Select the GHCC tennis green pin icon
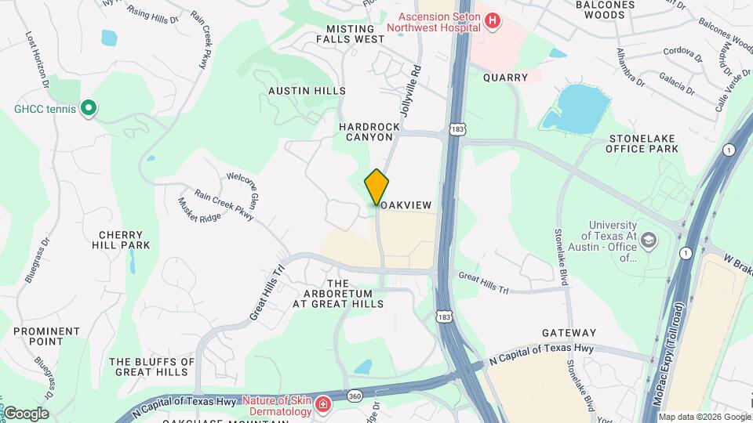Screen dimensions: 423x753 pos(89,107)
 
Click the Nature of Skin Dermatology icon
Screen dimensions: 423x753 pos(323,404)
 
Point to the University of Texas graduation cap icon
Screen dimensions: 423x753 pos(649,239)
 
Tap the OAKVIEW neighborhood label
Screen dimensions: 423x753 pos(407,204)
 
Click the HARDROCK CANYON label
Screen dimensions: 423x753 pos(365,132)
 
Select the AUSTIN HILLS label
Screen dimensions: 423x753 pos(307,91)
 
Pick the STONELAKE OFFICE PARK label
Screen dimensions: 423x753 pos(642,143)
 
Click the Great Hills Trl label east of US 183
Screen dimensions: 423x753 pos(484,282)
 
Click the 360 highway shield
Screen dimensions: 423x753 pos(355,396)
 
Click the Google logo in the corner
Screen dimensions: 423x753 pos(26,414)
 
